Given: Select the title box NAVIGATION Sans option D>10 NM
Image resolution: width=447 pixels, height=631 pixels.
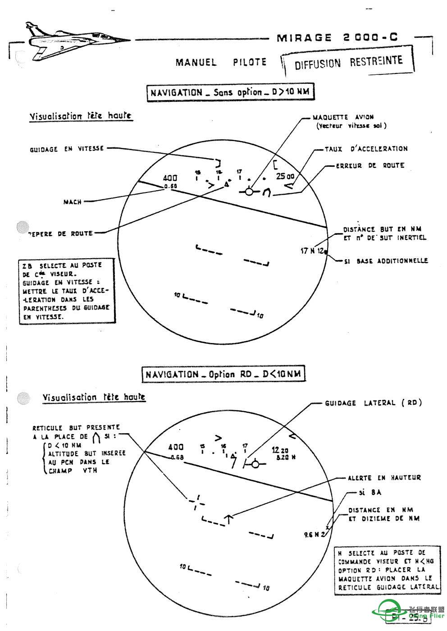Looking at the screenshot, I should click(230, 92).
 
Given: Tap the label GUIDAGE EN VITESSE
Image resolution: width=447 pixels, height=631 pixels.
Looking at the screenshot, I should click(67, 148).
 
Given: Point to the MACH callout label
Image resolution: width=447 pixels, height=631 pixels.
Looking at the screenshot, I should click(73, 202).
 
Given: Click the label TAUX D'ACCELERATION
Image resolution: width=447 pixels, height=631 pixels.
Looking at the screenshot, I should click(366, 149).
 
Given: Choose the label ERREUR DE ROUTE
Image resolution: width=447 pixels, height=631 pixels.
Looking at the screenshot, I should click(370, 165).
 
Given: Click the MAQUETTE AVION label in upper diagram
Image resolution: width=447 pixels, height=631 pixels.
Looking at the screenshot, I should click(343, 117).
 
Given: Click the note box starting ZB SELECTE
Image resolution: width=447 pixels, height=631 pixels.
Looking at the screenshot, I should click(66, 291).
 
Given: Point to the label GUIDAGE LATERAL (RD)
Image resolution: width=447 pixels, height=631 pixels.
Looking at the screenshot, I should click(373, 403).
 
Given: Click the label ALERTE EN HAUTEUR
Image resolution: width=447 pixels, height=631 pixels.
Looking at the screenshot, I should click(384, 478).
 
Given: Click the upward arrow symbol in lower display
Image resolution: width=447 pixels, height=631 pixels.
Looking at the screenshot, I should click(229, 519).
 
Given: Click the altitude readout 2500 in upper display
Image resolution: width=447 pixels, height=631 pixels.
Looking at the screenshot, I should click(285, 176).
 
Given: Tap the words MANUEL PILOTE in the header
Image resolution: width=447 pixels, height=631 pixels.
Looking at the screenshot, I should click(221, 62).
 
